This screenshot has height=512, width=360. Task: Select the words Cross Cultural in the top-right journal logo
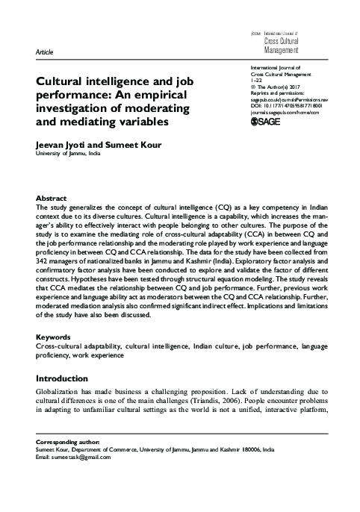[x=281, y=43]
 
